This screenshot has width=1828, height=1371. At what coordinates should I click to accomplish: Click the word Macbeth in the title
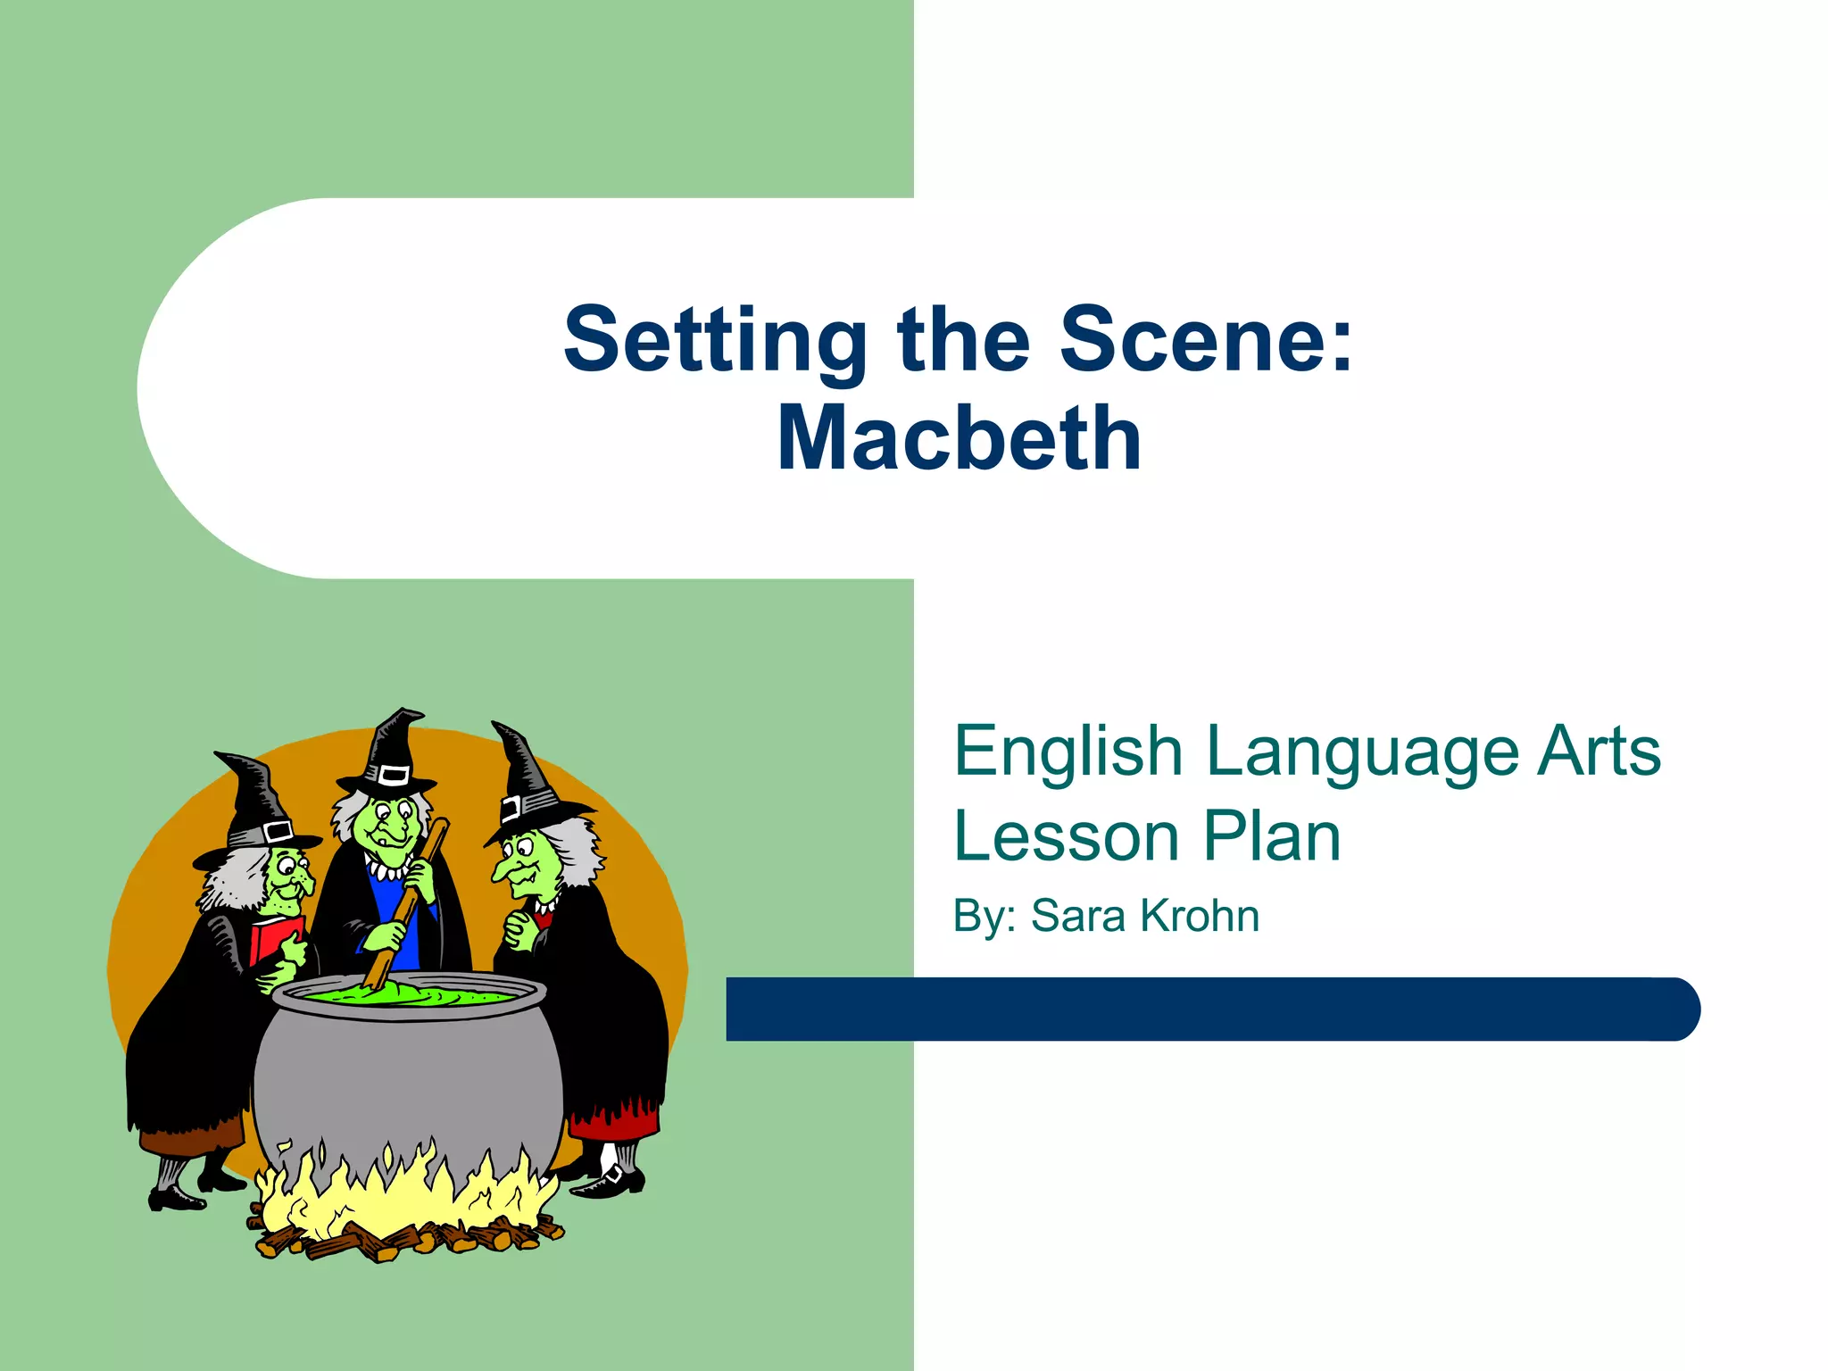(959, 438)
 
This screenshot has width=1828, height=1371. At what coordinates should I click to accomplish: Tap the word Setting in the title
(715, 342)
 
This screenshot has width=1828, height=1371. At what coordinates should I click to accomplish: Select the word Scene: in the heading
(1206, 340)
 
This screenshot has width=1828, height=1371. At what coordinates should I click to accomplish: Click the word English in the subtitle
(1068, 752)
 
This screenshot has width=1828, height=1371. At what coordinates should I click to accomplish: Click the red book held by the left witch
(272, 942)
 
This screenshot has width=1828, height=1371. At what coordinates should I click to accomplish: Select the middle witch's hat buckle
(392, 774)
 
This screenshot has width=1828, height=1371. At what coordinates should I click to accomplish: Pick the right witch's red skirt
(616, 1120)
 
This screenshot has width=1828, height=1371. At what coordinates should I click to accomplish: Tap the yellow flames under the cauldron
(402, 1192)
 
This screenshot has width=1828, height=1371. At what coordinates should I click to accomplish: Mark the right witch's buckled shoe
(612, 1180)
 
